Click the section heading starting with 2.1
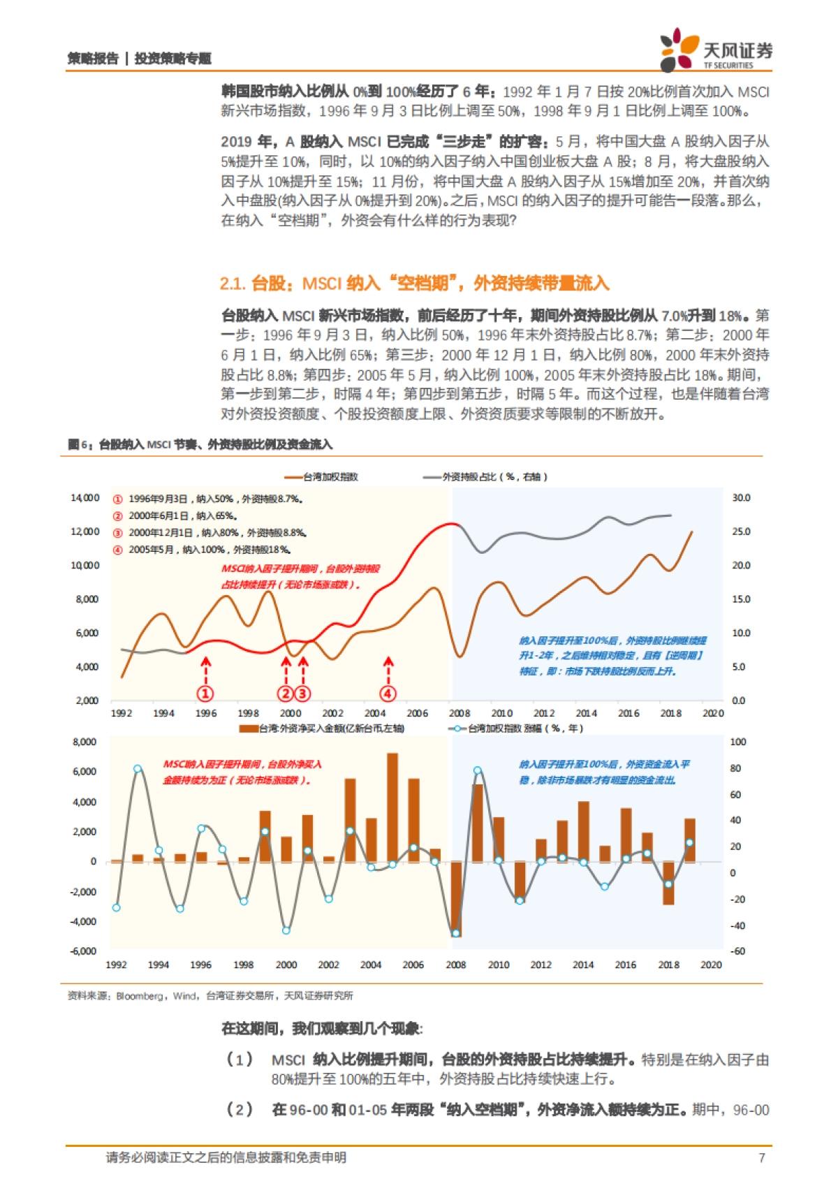pos(414,284)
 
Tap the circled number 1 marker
pos(205,694)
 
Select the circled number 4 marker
pos(388,694)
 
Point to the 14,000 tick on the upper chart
pos(85,498)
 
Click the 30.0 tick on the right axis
pos(741,498)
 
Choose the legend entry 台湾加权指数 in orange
pos(323,477)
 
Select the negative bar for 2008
pos(456,898)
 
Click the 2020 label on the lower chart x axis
pos(711,965)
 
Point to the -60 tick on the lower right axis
pos(737,951)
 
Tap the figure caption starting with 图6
pos(200,444)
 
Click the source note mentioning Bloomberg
pos(210,995)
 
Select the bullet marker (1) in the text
pos(240,1060)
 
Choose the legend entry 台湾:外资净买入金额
pos(323,729)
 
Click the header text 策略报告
pos(93,59)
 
